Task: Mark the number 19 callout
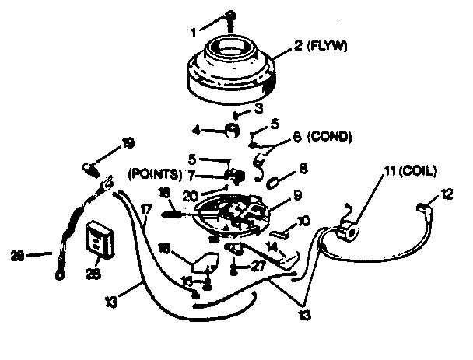[128, 142]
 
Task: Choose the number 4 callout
[196, 129]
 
